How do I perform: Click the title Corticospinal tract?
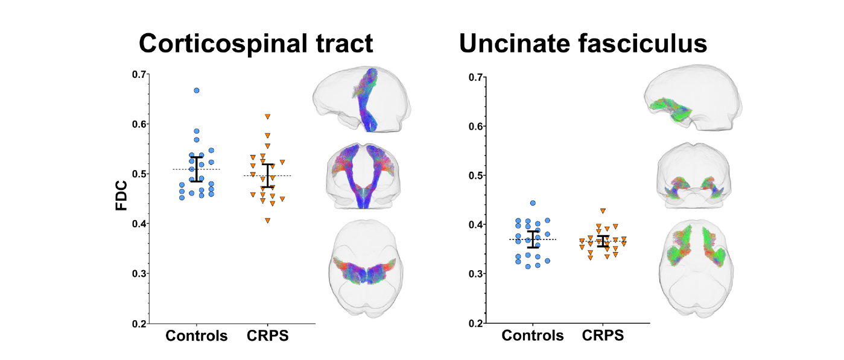tap(256, 44)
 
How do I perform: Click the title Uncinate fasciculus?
tap(582, 44)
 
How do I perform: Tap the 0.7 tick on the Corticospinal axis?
tap(139, 74)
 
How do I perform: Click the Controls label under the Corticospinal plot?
tap(197, 336)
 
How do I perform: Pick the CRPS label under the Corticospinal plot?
tap(268, 336)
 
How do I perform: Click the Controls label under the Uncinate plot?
tap(533, 336)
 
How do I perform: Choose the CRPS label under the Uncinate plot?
tap(603, 336)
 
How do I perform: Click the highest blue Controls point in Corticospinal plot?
tap(197, 90)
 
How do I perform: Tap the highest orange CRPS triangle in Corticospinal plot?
tap(267, 116)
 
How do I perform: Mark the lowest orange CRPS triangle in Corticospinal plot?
tap(267, 220)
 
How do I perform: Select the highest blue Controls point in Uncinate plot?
tap(533, 203)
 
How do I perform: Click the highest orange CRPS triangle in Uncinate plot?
tap(603, 211)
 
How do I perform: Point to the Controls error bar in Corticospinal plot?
tap(197, 169)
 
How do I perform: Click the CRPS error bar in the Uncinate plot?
tap(603, 241)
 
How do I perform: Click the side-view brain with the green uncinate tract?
tap(693, 101)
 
